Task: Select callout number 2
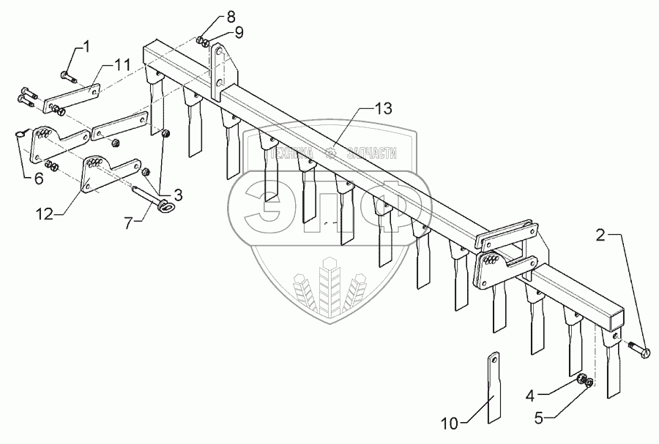(600, 236)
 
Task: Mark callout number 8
(211, 17)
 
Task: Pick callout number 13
(384, 108)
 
